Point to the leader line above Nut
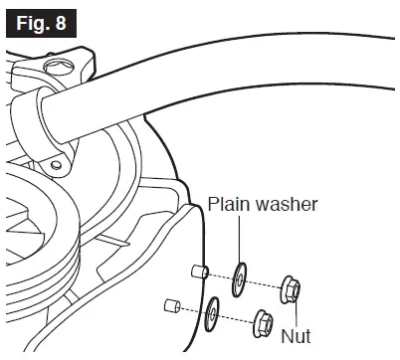(298, 311)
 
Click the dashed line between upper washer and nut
(267, 284)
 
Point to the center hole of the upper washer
(240, 280)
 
